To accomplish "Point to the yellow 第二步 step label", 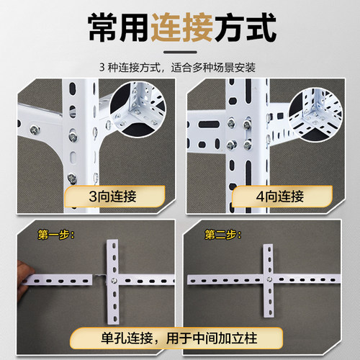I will pyautogui.click(x=221, y=234).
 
